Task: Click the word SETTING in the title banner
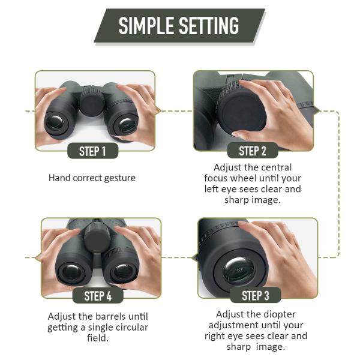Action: [x=209, y=25]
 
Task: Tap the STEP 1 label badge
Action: [x=93, y=151]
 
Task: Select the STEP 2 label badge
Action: [x=253, y=151]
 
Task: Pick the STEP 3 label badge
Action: [x=256, y=295]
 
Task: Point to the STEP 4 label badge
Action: [x=98, y=296]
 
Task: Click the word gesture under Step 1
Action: [x=120, y=178]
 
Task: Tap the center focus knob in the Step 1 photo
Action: [x=92, y=103]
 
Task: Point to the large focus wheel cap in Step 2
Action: [x=242, y=113]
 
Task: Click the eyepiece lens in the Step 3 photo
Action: [x=239, y=271]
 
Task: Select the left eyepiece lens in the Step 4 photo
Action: [x=72, y=274]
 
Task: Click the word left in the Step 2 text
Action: [x=211, y=189]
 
